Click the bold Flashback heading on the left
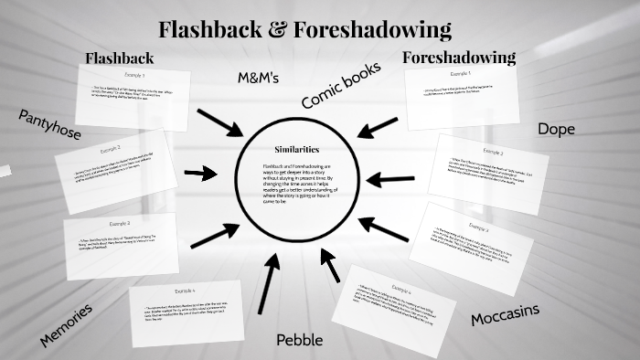click(x=120, y=58)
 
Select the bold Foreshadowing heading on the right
click(x=459, y=58)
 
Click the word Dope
click(x=556, y=129)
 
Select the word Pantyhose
click(x=48, y=124)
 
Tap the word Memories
click(x=66, y=325)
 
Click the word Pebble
click(x=299, y=340)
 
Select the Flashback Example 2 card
click(x=114, y=162)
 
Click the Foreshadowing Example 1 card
click(x=462, y=95)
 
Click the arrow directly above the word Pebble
click(x=267, y=284)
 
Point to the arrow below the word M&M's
click(x=219, y=122)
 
